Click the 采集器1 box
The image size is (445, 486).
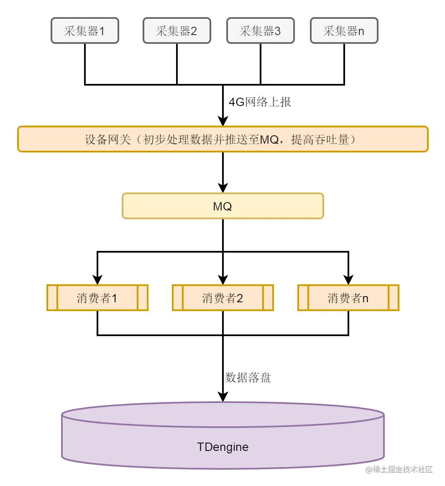[x=85, y=30]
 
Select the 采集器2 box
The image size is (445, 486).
[x=177, y=30]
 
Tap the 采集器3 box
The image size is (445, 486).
[x=261, y=30]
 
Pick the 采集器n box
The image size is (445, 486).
[x=344, y=30]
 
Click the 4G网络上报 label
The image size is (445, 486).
[x=260, y=102]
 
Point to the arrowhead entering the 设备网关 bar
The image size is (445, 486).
[x=223, y=121]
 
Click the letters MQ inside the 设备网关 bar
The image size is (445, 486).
[x=269, y=139]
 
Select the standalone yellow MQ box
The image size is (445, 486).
[x=223, y=206]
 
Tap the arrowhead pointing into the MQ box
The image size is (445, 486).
[x=223, y=187]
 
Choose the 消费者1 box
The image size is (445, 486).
[x=97, y=298]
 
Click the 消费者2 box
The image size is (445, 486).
[x=223, y=298]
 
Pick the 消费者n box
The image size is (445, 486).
[x=348, y=298]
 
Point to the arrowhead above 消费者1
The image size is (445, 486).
[x=97, y=279]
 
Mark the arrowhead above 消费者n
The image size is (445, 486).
[x=348, y=279]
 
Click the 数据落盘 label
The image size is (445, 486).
[x=248, y=377]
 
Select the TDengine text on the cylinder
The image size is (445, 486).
[x=223, y=447]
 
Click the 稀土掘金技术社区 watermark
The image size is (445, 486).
[x=399, y=470]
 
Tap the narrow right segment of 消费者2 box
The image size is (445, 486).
[x=269, y=298]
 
